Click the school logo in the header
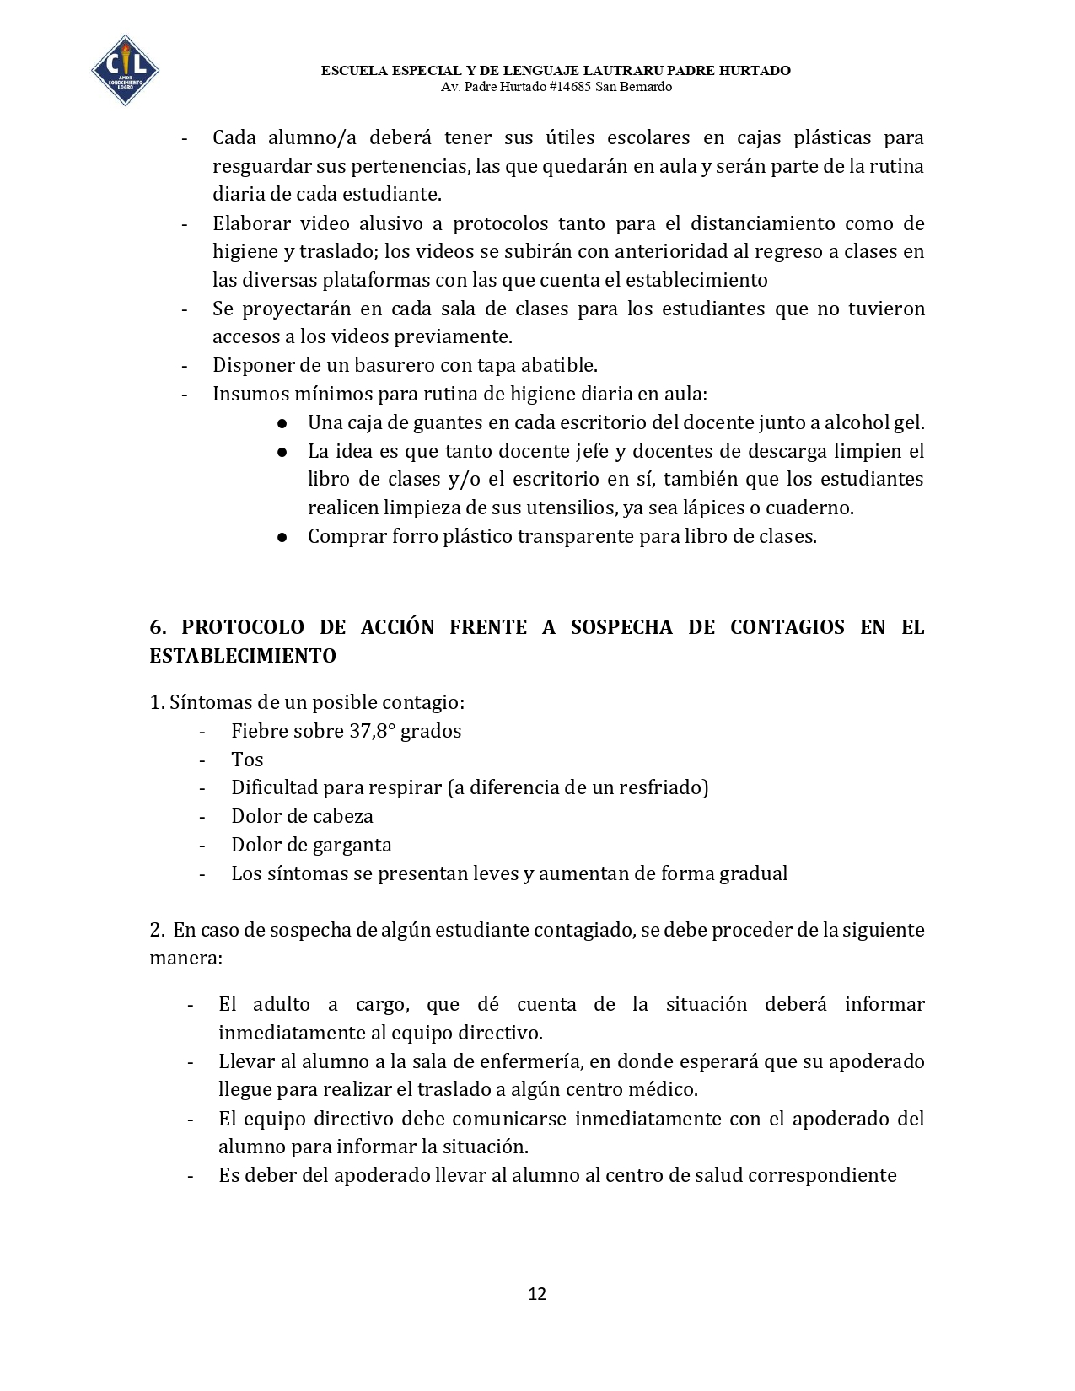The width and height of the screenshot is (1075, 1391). point(125,71)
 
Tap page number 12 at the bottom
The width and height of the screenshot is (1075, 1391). point(537,1294)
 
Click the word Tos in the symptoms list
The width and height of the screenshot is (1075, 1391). point(247,760)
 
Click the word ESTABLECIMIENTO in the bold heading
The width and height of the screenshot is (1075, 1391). point(243,656)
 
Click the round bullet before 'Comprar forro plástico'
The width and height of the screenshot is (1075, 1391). point(283,537)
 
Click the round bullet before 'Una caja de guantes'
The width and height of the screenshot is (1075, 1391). point(283,423)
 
